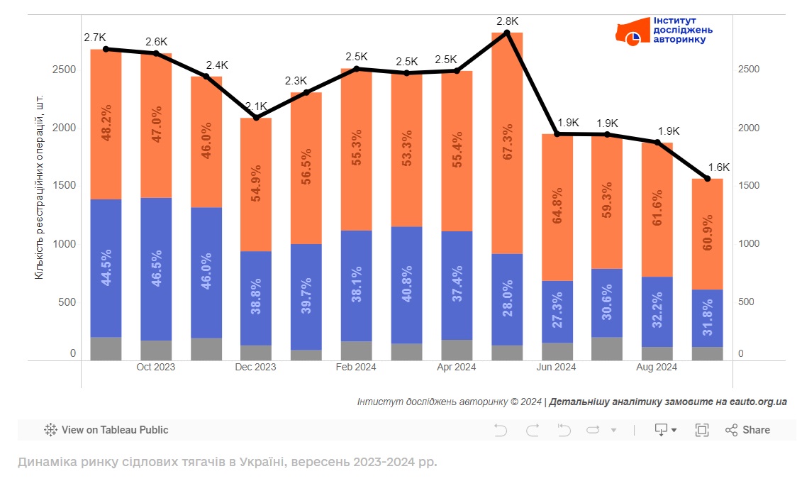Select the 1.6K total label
click(718, 167)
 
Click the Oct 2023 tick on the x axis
click(156, 367)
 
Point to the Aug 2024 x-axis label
click(657, 367)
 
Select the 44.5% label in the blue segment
click(106, 268)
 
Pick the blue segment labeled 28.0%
click(506, 299)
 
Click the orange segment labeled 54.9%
click(256, 184)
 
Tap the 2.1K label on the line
click(256, 106)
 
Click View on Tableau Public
click(106, 430)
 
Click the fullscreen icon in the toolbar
click(702, 430)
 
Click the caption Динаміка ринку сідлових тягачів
click(227, 463)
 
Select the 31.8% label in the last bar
click(707, 319)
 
